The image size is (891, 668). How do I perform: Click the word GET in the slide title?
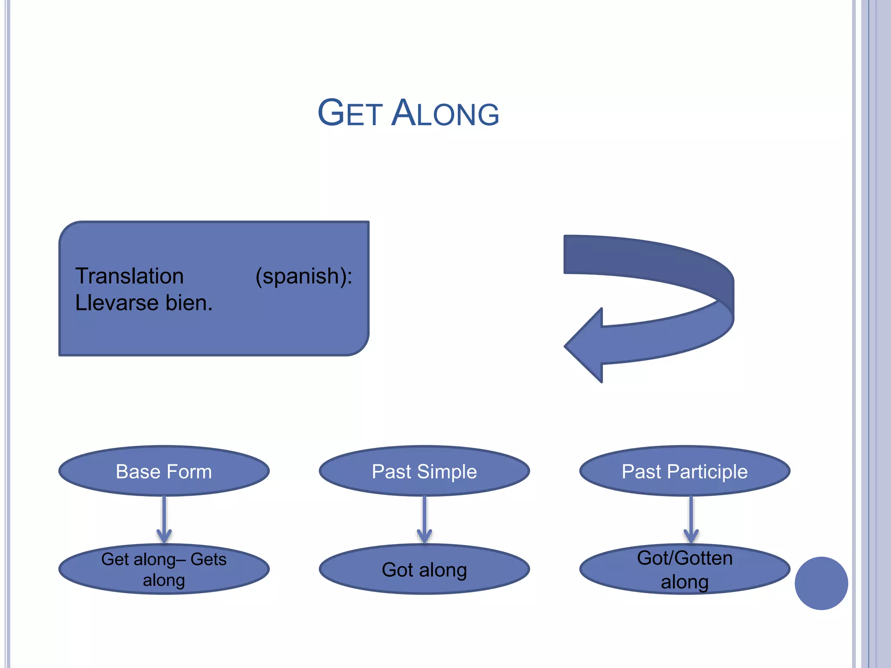350,113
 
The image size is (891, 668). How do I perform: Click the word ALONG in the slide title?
445,113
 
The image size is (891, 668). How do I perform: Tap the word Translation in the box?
129,276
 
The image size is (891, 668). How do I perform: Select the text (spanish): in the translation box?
304,276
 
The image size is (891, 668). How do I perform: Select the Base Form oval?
164,471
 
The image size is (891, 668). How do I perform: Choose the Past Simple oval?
424,471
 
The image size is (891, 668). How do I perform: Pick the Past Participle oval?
684,471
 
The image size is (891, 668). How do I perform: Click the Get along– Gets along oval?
164,569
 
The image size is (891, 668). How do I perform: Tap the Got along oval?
424,569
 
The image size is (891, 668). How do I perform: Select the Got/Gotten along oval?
684,569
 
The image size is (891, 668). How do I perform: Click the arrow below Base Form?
164,520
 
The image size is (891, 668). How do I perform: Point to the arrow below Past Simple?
424,520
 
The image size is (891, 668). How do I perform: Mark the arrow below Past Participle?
691,520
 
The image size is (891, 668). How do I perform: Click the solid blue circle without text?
821,583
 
